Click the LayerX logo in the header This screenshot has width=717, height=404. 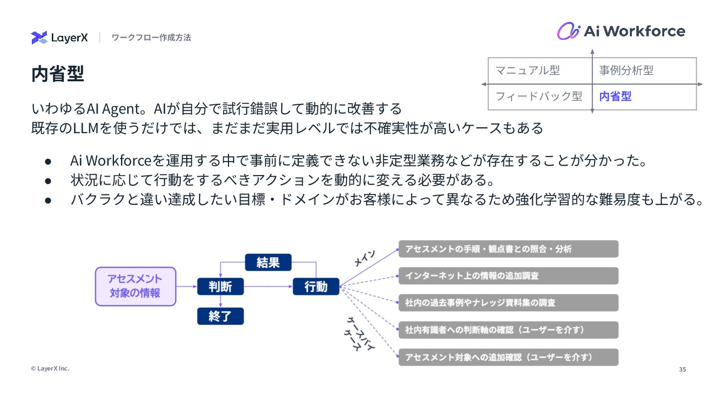pyautogui.click(x=59, y=37)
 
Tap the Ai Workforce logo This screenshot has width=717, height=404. pyautogui.click(x=620, y=31)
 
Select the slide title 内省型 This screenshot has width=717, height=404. pyautogui.click(x=58, y=74)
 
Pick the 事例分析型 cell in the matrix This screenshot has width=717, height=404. pyautogui.click(x=626, y=70)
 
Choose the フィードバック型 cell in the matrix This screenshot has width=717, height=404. pyautogui.click(x=539, y=96)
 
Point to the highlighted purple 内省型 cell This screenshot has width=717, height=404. pyautogui.click(x=615, y=96)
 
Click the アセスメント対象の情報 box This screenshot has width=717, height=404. pyautogui.click(x=135, y=286)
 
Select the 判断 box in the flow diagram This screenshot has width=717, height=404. pyautogui.click(x=220, y=286)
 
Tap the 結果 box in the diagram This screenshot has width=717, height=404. pyautogui.click(x=268, y=262)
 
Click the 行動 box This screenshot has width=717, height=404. pyautogui.click(x=316, y=286)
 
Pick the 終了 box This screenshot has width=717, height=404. pyautogui.click(x=220, y=316)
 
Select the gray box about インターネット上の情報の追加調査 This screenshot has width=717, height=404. pyautogui.click(x=508, y=276)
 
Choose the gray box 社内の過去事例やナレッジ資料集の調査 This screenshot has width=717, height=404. pyautogui.click(x=508, y=303)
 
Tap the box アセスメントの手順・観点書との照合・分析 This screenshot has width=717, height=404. pyautogui.click(x=508, y=249)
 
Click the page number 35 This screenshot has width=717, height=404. pyautogui.click(x=682, y=370)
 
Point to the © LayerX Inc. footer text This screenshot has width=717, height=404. pyautogui.click(x=50, y=369)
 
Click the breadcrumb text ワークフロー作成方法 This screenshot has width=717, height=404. pyautogui.click(x=151, y=37)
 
